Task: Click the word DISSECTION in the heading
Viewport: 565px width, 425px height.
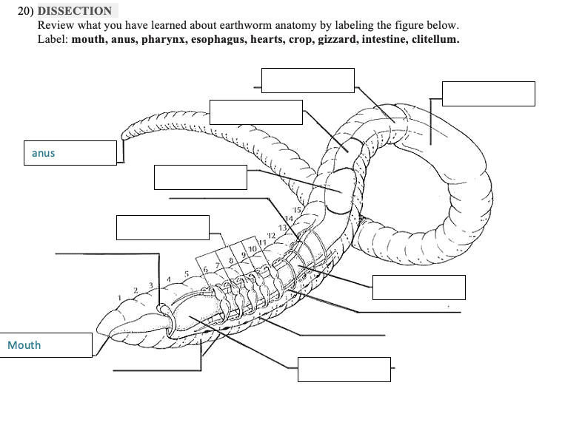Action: (x=75, y=11)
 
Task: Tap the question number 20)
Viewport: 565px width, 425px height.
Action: (x=26, y=11)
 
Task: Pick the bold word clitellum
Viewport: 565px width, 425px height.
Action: (x=432, y=38)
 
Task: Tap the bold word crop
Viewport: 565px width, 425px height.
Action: (x=303, y=38)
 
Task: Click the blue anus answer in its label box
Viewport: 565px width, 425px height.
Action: (x=44, y=153)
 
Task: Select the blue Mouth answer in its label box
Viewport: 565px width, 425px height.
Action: (x=24, y=345)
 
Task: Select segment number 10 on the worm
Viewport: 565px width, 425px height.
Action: (x=252, y=249)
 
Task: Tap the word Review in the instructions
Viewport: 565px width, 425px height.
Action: (x=56, y=25)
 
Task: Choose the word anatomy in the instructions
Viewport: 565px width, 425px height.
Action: (x=295, y=25)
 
